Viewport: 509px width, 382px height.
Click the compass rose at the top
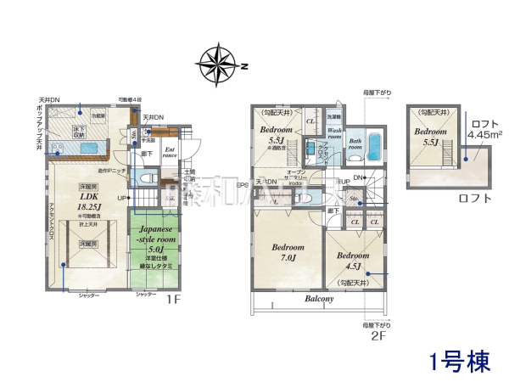point(219,65)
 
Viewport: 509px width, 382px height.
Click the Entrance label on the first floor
point(170,152)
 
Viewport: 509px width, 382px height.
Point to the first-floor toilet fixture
point(146,179)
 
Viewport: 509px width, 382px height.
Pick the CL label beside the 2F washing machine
point(310,121)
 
